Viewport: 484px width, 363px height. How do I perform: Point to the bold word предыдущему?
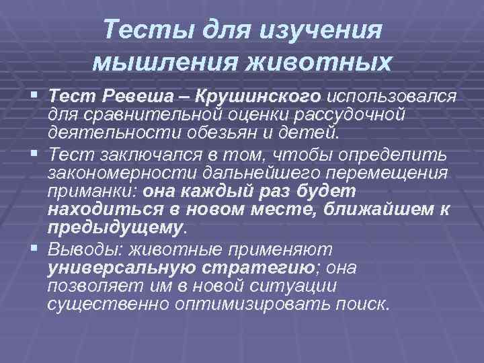tap(114, 228)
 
